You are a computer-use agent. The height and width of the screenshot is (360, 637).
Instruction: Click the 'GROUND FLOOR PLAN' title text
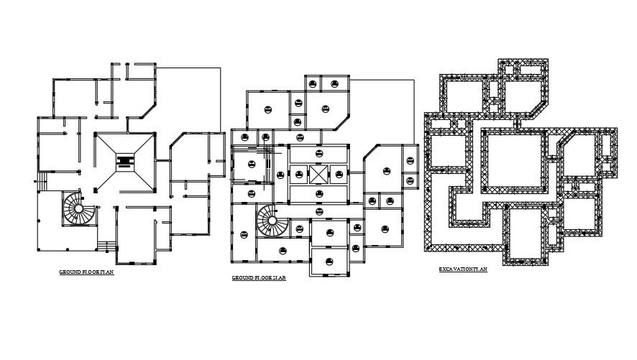(86, 273)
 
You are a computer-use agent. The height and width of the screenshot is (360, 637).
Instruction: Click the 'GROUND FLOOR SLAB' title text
(259, 277)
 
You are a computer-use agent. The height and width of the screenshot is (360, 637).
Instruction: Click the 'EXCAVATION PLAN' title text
(463, 269)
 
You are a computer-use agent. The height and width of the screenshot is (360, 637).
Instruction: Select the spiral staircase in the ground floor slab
(270, 220)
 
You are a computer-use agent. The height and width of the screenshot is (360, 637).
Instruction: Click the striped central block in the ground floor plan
(124, 162)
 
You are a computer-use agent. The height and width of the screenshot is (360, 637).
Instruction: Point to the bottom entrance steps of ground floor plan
(106, 247)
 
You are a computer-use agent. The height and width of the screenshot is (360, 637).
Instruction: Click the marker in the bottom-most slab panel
(329, 261)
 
